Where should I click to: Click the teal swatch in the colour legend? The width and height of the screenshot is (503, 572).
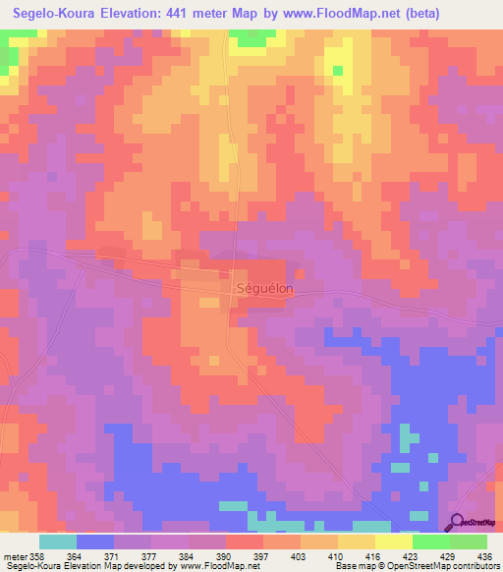pyautogui.click(x=57, y=542)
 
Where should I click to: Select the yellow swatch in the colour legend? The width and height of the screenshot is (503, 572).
pyautogui.click(x=393, y=542)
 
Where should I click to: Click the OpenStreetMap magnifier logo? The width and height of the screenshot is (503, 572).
pyautogui.click(x=455, y=523)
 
